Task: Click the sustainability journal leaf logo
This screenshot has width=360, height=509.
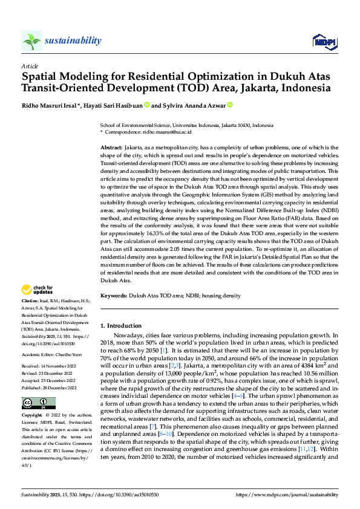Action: tap(32, 41)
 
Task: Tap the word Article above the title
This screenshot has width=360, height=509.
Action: tap(30, 66)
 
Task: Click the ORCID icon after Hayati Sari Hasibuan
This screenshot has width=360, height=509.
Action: tap(146, 105)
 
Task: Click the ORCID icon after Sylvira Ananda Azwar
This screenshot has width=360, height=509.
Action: tap(229, 105)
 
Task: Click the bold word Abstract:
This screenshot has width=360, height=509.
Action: tap(111, 148)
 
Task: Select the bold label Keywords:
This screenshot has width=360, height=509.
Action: tap(113, 296)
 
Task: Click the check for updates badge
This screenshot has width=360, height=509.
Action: tap(38, 290)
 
